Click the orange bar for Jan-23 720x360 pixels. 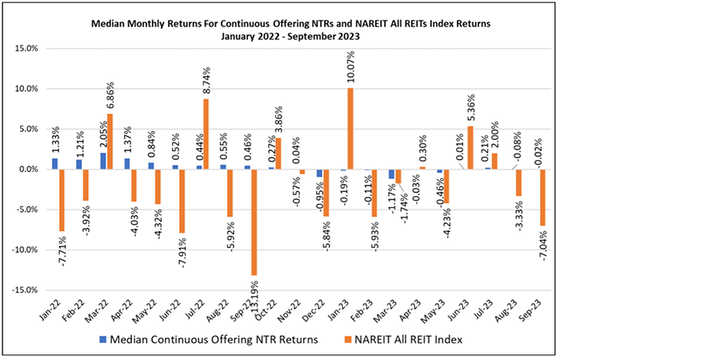coord(350,129)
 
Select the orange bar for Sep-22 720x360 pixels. coord(254,222)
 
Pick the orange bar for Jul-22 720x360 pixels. coord(206,134)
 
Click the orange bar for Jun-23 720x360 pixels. coord(470,148)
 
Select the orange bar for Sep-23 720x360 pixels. coord(542,198)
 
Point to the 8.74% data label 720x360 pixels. coord(206,80)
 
